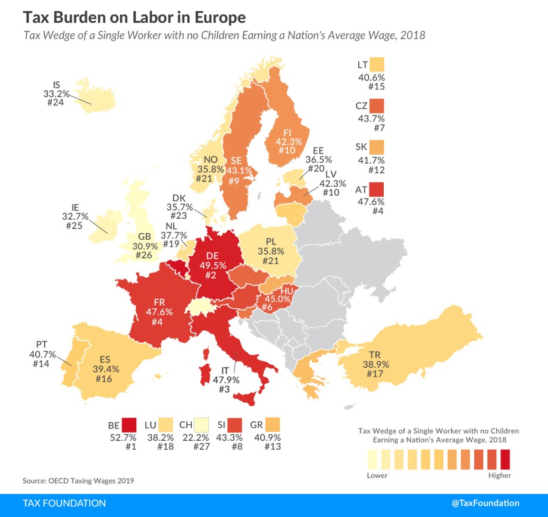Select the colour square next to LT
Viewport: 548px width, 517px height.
(x=377, y=64)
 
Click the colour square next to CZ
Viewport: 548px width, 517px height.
(x=377, y=106)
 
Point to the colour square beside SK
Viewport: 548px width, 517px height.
(x=377, y=148)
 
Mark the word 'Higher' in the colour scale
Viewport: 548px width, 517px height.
(x=499, y=475)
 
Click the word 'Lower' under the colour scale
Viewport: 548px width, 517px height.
(x=377, y=475)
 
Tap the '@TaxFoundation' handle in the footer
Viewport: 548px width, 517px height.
(x=486, y=503)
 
